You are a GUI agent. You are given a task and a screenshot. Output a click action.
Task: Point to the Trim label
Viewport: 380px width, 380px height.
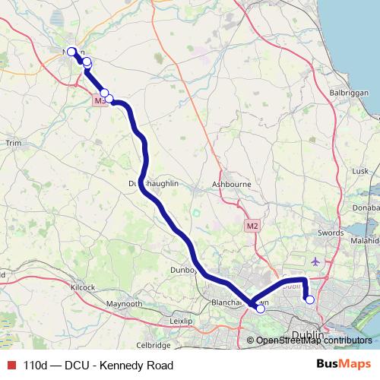point(13,143)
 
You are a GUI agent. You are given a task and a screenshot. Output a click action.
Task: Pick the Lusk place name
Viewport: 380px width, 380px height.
point(359,171)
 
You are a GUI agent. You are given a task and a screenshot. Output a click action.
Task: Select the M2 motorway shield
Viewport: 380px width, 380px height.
point(253,226)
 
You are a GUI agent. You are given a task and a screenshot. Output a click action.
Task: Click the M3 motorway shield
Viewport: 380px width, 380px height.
point(100,100)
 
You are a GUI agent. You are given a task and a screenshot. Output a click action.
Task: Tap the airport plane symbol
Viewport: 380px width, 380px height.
point(315,261)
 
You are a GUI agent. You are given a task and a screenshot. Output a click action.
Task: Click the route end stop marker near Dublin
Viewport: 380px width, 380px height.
point(310,299)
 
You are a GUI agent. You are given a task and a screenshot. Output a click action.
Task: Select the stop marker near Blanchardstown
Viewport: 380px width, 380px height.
point(261,309)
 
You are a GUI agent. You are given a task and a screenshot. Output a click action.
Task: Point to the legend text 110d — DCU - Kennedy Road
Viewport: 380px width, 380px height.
point(98,365)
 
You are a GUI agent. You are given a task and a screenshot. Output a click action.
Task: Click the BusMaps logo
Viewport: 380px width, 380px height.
point(344,365)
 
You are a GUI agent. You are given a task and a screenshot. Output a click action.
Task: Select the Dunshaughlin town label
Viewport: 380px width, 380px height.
point(156,184)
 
